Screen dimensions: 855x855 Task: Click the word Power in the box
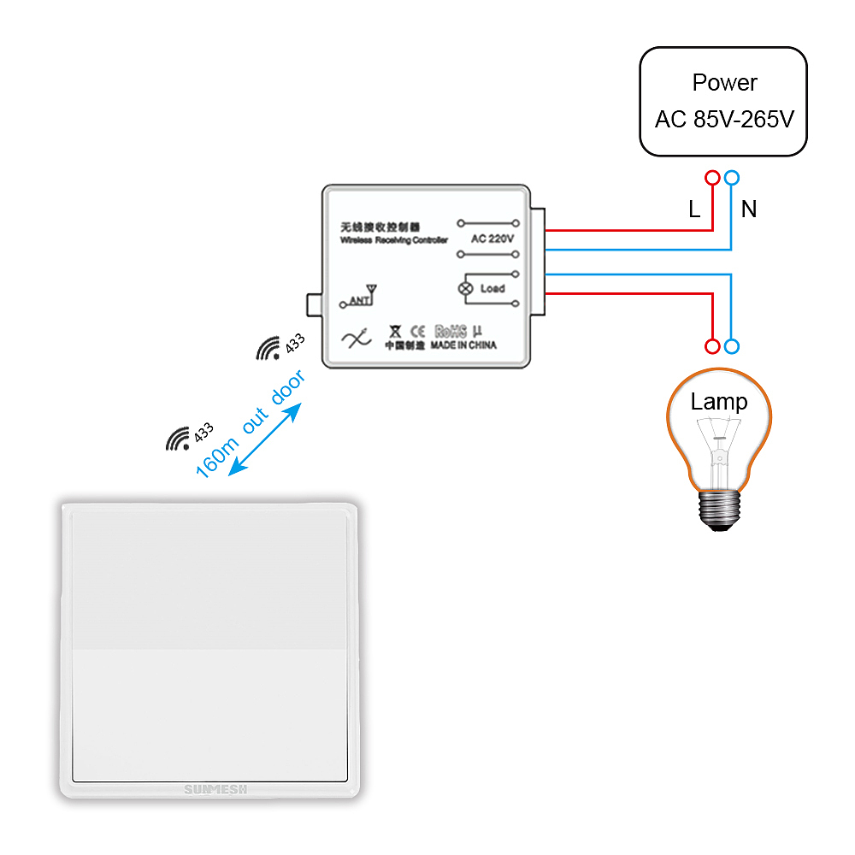point(724,83)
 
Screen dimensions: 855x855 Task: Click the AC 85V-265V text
point(724,119)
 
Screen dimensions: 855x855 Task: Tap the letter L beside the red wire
point(694,209)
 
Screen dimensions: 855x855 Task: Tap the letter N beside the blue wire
point(749,209)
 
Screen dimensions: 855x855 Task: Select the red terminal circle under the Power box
point(711,178)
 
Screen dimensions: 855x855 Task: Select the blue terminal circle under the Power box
point(732,178)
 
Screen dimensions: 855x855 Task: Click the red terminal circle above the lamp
point(711,346)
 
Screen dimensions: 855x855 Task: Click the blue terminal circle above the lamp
point(732,346)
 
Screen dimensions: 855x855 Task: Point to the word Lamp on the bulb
point(719,402)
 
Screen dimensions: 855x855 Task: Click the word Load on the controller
point(492,289)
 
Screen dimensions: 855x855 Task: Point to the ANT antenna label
point(357,300)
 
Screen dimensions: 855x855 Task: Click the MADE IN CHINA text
point(463,345)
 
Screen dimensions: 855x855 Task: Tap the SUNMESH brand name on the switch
point(215,789)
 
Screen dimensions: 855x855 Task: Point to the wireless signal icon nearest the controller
point(268,349)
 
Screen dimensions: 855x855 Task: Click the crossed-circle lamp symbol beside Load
point(466,289)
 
